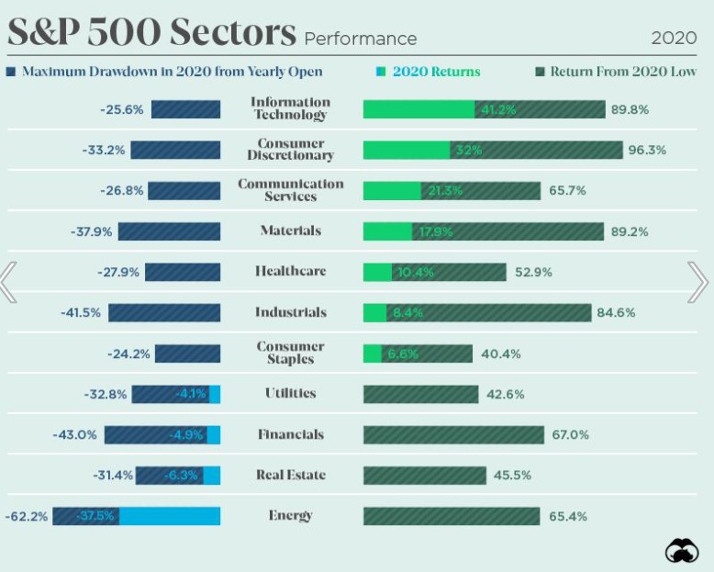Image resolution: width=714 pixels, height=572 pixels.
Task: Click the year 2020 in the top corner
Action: [674, 38]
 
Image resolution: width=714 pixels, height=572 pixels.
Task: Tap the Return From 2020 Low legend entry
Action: [615, 72]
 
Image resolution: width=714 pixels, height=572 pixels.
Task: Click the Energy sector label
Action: [290, 516]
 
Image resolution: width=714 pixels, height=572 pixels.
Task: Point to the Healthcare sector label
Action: [290, 272]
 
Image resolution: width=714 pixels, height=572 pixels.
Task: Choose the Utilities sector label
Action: [290, 394]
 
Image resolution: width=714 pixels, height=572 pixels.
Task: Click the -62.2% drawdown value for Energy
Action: [26, 517]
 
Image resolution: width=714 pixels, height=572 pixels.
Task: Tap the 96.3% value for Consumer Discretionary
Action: [647, 151]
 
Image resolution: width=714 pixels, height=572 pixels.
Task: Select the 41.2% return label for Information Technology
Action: [496, 110]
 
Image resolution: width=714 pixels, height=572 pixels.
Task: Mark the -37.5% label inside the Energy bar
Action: [95, 516]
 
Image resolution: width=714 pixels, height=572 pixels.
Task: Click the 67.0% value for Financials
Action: [570, 435]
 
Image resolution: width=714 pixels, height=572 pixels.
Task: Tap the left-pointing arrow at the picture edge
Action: [8, 282]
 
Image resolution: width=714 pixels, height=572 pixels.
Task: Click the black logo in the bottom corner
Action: [681, 551]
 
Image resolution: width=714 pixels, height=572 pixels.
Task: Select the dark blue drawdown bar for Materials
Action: [169, 231]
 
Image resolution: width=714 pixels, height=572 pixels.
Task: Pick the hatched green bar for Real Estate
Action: [424, 476]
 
